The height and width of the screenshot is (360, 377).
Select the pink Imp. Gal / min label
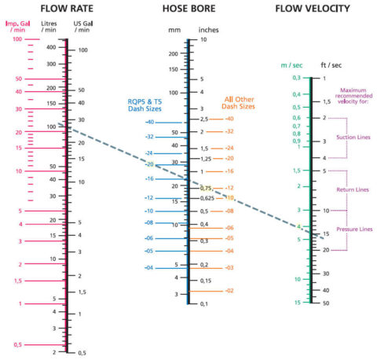(18, 30)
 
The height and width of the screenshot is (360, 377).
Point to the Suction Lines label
(353, 137)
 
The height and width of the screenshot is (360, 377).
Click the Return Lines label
(353, 189)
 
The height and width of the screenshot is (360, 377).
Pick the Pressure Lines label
(353, 229)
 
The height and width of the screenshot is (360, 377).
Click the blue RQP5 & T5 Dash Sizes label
(145, 106)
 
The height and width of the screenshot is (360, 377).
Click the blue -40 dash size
(148, 123)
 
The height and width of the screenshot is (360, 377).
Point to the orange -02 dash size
(229, 291)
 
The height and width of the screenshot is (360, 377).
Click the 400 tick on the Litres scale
(52, 47)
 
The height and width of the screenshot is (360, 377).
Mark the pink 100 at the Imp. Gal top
(16, 39)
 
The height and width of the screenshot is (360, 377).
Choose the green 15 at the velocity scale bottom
(297, 303)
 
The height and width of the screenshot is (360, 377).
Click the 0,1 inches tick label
(203, 303)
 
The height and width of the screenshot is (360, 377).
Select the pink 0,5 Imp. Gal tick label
(17, 343)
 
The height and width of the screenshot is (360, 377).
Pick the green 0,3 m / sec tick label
(297, 78)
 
